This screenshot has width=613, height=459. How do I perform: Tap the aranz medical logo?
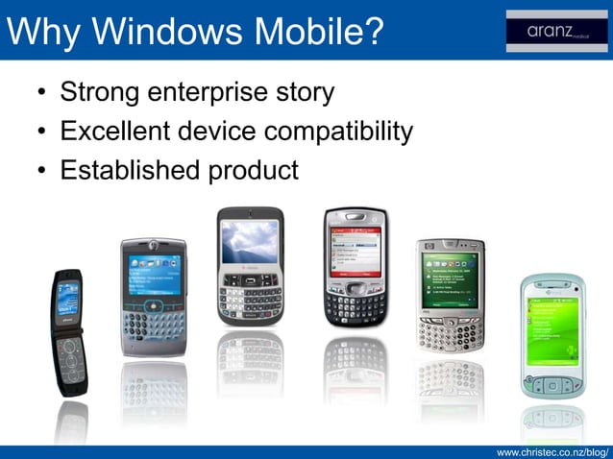tap(554, 31)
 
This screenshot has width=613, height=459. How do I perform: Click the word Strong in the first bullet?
tap(100, 93)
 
